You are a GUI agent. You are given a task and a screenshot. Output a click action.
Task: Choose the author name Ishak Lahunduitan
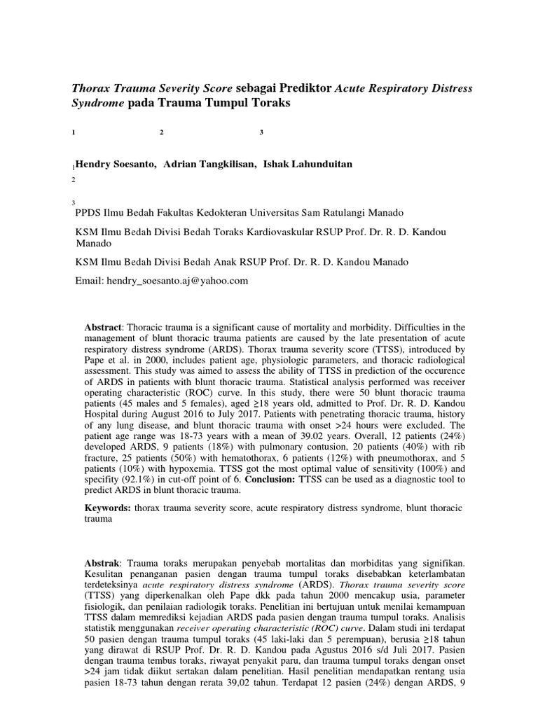308,163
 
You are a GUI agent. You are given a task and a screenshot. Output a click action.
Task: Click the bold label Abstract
103,328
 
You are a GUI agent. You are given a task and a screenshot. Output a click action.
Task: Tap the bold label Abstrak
102,563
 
